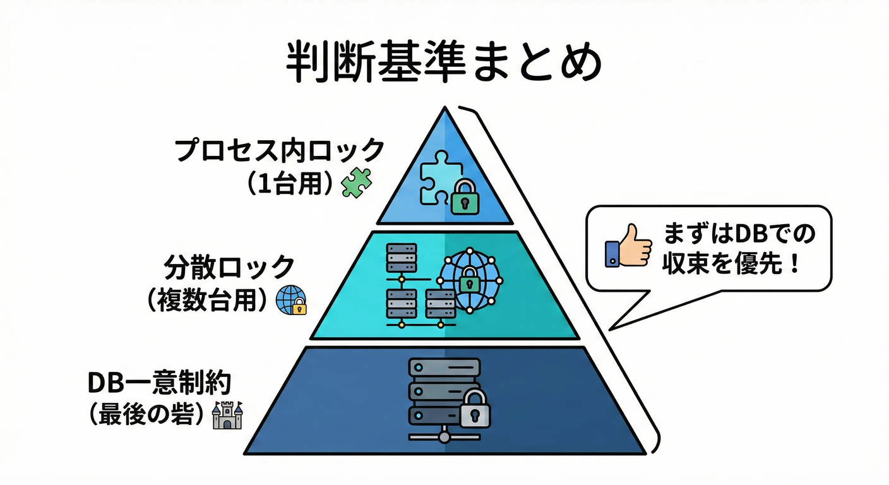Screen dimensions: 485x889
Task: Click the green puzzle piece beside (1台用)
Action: pos(357,183)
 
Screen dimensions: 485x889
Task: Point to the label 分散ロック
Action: pos(229,267)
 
